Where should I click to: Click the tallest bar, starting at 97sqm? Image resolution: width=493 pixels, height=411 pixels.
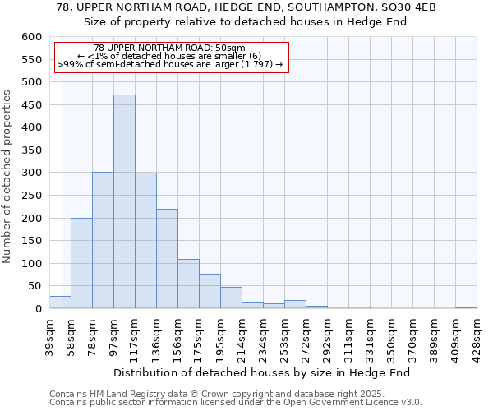tap(124, 202)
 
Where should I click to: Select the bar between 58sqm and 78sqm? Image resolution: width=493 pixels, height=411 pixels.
tap(81, 264)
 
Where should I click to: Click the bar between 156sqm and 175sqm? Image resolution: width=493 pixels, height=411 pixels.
tap(188, 284)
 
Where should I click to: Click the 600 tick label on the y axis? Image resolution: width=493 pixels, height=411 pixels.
tap(31, 37)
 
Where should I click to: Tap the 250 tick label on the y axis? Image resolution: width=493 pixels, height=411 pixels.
tap(31, 196)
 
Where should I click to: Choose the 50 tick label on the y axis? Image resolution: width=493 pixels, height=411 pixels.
tap(34, 286)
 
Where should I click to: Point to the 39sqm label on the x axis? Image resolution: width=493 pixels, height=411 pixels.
tap(50, 335)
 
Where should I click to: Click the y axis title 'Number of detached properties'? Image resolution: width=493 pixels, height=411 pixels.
tap(7, 178)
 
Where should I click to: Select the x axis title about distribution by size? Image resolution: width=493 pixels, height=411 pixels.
tap(261, 372)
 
